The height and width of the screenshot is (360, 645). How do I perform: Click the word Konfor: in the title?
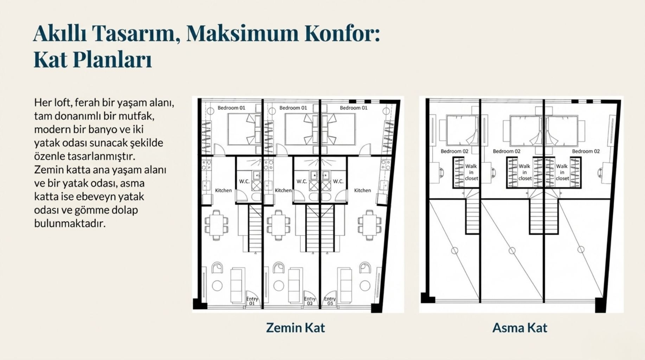point(342,33)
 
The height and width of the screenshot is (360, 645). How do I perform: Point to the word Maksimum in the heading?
point(242,33)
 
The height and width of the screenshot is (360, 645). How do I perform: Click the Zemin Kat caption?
point(295,328)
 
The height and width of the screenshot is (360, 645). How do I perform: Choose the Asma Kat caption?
point(520,328)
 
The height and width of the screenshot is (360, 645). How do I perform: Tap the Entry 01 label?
point(252,301)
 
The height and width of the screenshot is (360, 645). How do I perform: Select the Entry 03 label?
point(310,301)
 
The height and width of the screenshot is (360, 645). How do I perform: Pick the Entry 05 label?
point(330,301)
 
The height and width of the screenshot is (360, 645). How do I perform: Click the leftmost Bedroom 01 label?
point(231,108)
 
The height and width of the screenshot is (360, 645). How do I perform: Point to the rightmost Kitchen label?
point(363,190)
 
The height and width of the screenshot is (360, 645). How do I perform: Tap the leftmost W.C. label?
point(244,181)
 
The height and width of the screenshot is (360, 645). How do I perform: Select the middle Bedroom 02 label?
point(506,151)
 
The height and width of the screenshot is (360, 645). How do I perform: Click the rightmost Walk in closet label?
point(562,172)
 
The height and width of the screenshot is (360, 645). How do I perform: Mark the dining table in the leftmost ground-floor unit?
point(216,225)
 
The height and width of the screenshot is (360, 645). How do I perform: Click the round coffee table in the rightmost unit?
point(365,285)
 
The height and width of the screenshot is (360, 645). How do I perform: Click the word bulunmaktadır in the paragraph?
point(70,223)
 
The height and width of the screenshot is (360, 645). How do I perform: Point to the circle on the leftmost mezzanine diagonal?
point(454,251)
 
